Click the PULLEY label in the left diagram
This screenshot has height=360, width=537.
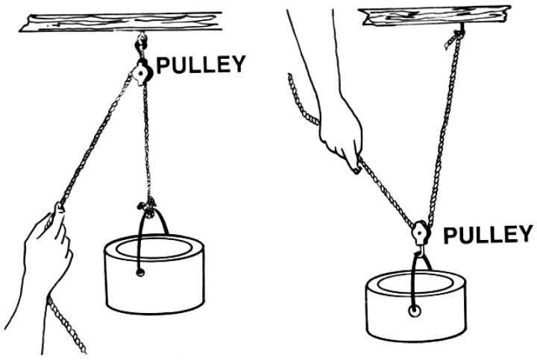pos(201,64)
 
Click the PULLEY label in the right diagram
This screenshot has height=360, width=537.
pos(488,235)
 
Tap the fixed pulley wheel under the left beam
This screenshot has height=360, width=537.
pos(142,72)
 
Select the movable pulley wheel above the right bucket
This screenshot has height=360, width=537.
pos(420,233)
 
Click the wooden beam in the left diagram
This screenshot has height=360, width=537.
pos(121,22)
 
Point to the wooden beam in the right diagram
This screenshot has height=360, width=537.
pos(435,16)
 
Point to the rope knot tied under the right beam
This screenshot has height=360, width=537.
pos(455,38)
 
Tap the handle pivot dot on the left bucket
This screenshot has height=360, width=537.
pos(140,273)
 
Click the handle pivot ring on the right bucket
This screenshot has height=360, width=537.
pos(415,311)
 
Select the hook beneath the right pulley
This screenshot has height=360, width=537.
pos(419,251)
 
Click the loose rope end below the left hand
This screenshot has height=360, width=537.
pos(66,324)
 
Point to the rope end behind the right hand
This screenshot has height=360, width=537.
pos(302,100)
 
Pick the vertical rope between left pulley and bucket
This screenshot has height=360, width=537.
pos(148,140)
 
